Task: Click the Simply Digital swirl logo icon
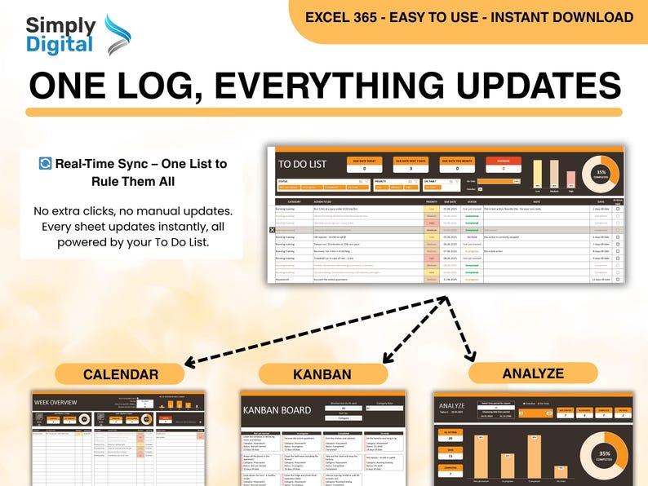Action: pos(118,35)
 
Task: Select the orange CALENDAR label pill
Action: pos(121,374)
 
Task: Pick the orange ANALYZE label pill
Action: pos(533,373)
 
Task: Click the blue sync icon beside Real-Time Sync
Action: pos(45,164)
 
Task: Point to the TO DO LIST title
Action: pos(302,164)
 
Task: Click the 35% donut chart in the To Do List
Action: pos(600,173)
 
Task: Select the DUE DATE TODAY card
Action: pos(364,166)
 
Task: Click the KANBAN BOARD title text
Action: pos(277,410)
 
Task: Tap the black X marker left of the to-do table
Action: pos(272,231)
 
